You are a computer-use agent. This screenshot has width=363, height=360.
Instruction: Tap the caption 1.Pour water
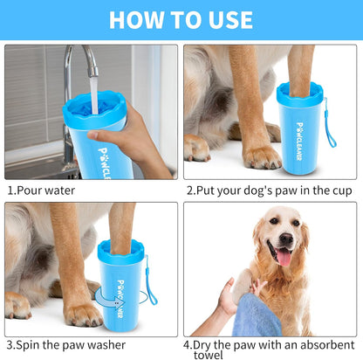[41, 190]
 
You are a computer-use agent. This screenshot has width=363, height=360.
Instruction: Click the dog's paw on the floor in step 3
[83, 314]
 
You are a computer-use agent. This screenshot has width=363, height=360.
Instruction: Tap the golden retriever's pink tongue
[284, 256]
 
